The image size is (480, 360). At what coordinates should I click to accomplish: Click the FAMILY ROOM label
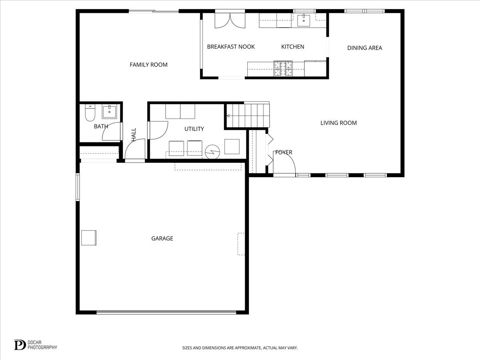click(x=148, y=65)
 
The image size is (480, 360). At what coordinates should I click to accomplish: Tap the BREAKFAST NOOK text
click(x=231, y=47)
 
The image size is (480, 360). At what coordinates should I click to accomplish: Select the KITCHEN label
click(x=292, y=47)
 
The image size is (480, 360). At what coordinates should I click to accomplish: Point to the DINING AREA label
click(x=364, y=48)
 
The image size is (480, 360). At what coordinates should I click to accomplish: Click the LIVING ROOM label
click(x=338, y=123)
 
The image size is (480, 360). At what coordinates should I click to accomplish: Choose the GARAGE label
click(x=162, y=238)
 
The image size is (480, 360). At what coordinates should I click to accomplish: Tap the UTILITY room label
click(x=194, y=129)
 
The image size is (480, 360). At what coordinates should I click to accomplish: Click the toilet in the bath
click(x=90, y=113)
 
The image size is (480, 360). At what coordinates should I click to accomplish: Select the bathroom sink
click(x=109, y=112)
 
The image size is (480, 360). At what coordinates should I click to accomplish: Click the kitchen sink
click(x=304, y=20)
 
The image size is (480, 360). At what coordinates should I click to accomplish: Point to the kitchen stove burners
click(x=283, y=68)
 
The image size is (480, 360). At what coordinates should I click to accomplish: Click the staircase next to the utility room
click(x=248, y=115)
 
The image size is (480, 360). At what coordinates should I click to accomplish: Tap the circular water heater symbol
click(x=212, y=152)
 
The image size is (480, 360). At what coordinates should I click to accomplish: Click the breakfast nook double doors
click(x=230, y=21)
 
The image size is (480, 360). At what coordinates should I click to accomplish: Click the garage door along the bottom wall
click(x=166, y=312)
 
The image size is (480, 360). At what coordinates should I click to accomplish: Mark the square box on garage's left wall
click(x=89, y=238)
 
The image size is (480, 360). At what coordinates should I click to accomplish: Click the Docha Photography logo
click(x=36, y=345)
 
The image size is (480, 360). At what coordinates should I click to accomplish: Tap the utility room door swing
click(x=158, y=130)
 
